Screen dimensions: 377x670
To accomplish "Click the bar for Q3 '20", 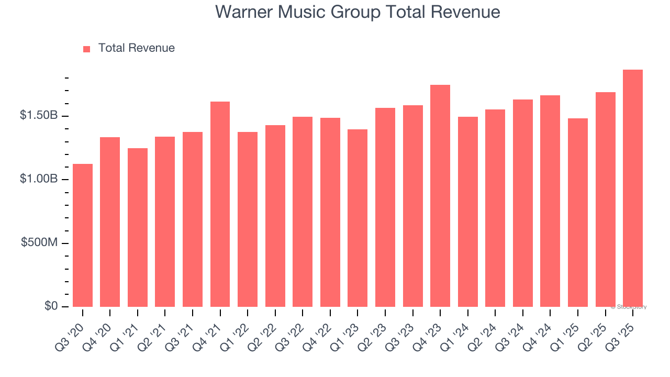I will click(83, 236).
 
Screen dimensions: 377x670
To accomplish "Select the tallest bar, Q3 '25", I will click(633, 188).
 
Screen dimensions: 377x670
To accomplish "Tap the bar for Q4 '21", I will click(220, 204).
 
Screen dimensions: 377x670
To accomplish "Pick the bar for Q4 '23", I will click(440, 196).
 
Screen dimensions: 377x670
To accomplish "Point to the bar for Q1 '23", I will click(358, 218).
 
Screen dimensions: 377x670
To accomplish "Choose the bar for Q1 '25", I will click(578, 213).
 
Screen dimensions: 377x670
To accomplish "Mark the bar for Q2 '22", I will click(275, 216).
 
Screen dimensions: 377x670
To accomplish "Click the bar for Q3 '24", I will click(523, 203).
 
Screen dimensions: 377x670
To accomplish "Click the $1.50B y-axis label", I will click(39, 115).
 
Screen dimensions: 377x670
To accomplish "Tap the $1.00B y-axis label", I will click(39, 179).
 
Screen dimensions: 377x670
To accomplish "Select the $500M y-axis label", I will click(40, 243).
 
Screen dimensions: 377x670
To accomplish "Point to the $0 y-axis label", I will click(51, 306).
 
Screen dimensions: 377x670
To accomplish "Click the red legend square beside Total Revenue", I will click(87, 49).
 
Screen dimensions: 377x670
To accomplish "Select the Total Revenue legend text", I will click(136, 48).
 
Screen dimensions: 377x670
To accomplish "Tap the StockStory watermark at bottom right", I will click(630, 307).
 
